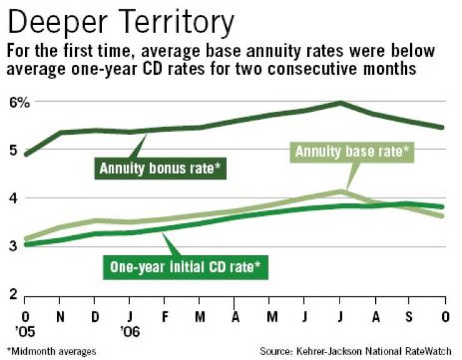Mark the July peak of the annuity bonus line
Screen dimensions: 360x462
tap(340, 102)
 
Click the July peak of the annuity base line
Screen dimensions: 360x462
tap(340, 190)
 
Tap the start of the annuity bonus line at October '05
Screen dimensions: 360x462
tap(26, 154)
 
